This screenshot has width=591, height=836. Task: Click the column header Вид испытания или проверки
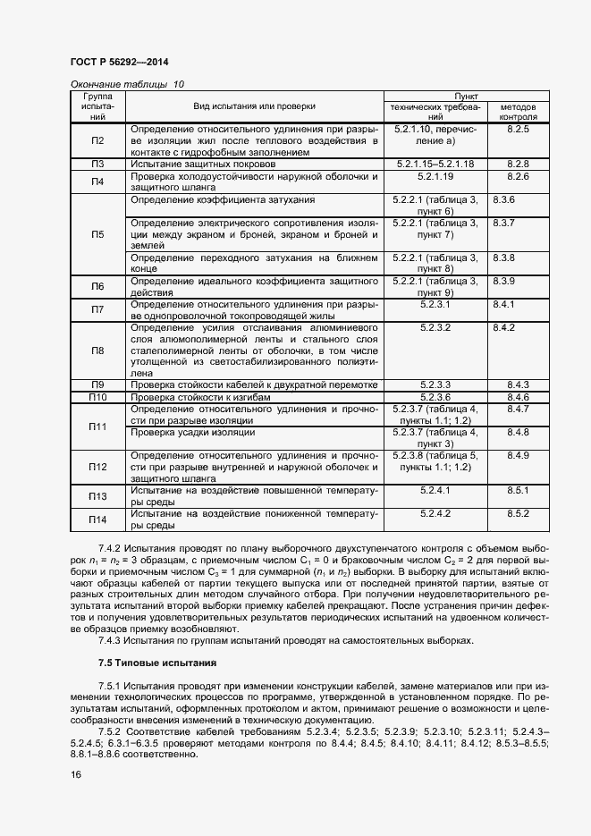254,106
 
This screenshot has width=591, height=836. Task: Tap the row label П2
97,140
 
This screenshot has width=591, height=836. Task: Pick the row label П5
97,234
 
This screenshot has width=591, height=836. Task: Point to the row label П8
97,350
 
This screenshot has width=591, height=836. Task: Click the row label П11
97,426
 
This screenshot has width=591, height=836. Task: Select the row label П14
97,519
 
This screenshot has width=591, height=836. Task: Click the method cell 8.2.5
519,130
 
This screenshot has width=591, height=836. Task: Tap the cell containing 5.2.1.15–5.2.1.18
435,165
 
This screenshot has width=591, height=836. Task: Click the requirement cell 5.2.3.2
435,328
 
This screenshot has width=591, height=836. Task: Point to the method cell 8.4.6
519,397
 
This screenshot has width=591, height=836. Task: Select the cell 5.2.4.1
435,491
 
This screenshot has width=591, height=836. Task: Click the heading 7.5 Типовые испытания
156,663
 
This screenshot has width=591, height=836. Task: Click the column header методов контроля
519,111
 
